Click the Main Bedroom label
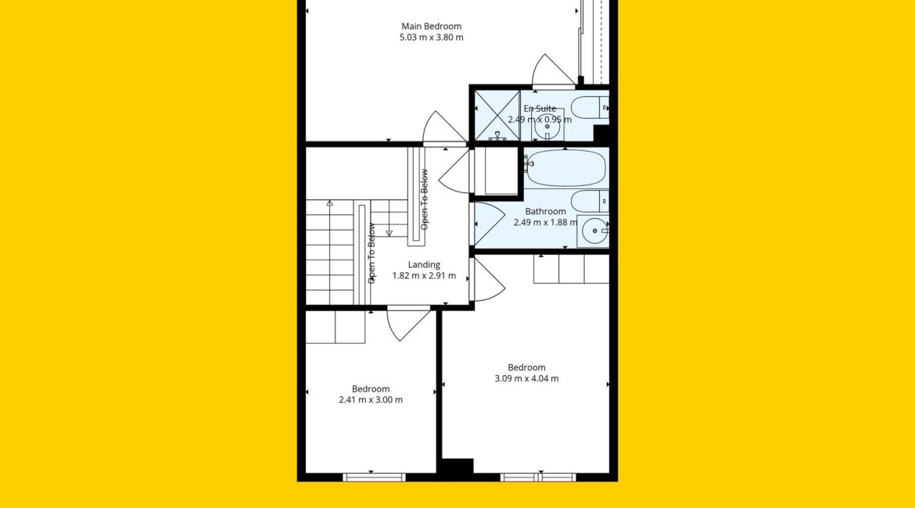coord(431,27)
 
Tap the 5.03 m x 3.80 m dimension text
coord(431,38)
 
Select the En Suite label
coord(540,109)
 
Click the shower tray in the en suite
coord(497,116)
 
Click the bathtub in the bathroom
coord(565,168)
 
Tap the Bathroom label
coord(546,211)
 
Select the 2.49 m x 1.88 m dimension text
coord(546,222)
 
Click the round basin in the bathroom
coord(594,231)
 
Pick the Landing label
coord(424,265)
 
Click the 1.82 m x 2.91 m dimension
coord(424,276)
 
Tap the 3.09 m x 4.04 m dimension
coord(526,378)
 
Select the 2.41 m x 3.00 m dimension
coord(371,400)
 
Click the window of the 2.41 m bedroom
coord(374,477)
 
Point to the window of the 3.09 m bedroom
coord(538,477)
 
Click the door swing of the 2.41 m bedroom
coord(408,324)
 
